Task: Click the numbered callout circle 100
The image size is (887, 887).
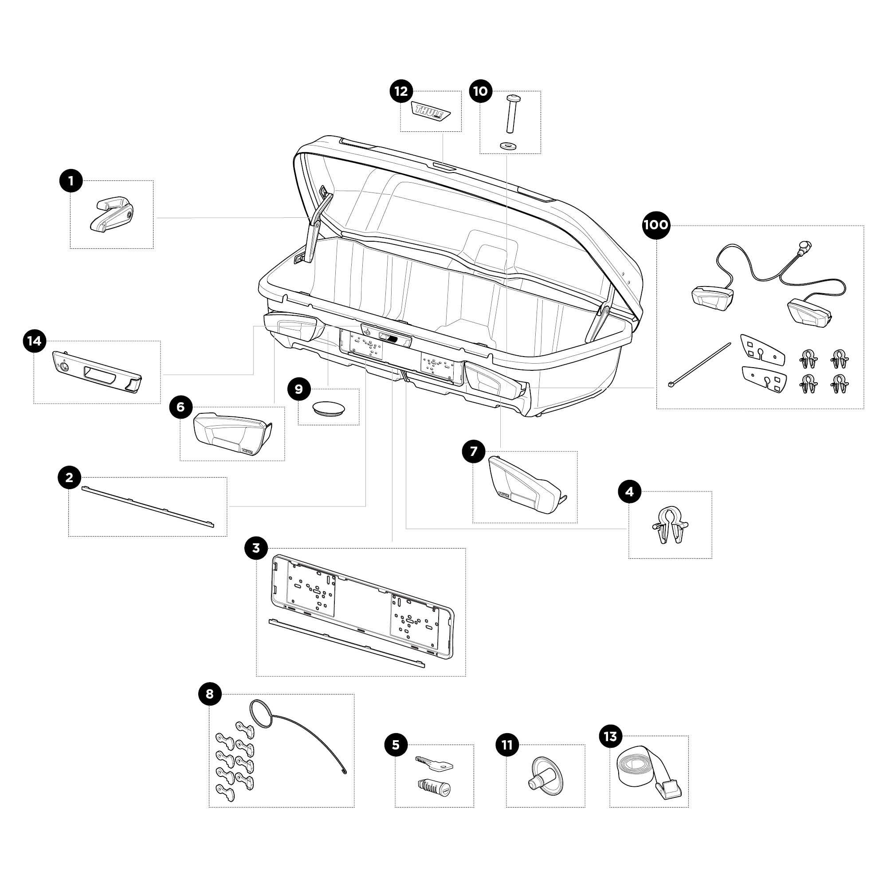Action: click(x=656, y=225)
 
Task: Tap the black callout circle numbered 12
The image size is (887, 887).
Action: click(x=401, y=91)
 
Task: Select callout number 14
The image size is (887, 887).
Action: click(x=35, y=341)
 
